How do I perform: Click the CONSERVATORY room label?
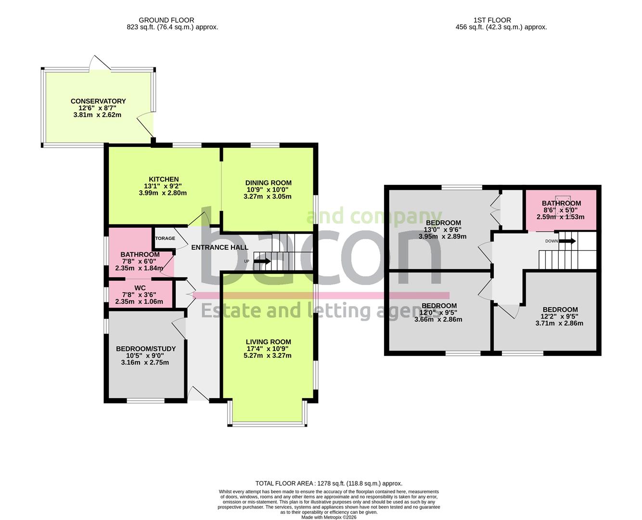(x=98, y=101)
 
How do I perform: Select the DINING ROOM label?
(x=268, y=182)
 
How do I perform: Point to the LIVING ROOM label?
(x=268, y=342)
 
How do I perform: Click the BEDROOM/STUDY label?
(x=146, y=349)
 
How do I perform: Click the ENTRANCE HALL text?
(x=219, y=247)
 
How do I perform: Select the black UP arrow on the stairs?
(x=262, y=261)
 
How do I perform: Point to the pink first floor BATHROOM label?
(x=561, y=203)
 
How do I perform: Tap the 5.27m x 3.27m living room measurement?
(x=268, y=356)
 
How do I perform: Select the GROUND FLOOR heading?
(x=167, y=20)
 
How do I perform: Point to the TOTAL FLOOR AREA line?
(x=329, y=483)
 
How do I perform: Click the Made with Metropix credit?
(x=329, y=517)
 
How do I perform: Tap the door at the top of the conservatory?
(x=100, y=64)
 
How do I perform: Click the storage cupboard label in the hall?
(x=165, y=238)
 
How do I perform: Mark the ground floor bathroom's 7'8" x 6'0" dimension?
(x=139, y=261)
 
